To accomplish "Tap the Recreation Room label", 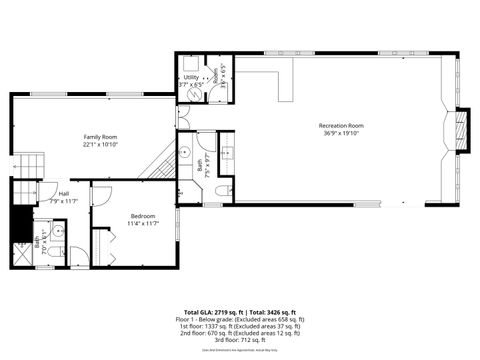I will (339, 125).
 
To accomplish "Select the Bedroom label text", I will (143, 216).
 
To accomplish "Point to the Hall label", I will (64, 194).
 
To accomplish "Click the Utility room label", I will (190, 77).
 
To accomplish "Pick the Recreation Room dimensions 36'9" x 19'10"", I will (339, 133).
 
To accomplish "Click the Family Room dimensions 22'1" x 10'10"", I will (100, 144).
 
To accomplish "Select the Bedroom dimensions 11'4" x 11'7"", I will (143, 224).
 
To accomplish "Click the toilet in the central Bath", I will (224, 189).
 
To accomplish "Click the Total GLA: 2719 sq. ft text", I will (210, 312).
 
